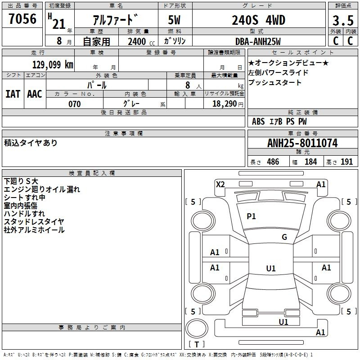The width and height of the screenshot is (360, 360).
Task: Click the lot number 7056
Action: [x=22, y=19]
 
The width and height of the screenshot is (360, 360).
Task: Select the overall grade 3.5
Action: [x=343, y=21]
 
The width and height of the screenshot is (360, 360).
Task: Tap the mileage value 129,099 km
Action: [x=53, y=65]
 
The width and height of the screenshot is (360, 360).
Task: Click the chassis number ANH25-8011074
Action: [x=302, y=143]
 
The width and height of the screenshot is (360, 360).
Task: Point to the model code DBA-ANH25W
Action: [x=258, y=41]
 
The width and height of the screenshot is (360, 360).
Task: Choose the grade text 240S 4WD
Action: [x=258, y=20]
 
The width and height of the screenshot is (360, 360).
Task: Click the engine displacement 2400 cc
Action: [x=141, y=41]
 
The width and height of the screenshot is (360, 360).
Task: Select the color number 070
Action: [x=75, y=104]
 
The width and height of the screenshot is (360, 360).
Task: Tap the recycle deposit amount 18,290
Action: [x=225, y=104]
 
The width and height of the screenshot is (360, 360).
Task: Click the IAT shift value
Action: [x=13, y=94]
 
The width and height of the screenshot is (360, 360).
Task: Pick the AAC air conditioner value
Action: [x=35, y=94]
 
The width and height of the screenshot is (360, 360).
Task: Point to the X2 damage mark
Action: [x=220, y=184]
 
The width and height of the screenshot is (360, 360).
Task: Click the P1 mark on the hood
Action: [x=251, y=216]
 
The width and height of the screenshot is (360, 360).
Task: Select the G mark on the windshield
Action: [x=284, y=237]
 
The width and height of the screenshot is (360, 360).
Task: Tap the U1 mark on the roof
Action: [x=271, y=268]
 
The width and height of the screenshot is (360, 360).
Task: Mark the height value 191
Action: [x=346, y=162]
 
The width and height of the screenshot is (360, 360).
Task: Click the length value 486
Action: [x=273, y=162]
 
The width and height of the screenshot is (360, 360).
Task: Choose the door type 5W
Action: [x=174, y=20]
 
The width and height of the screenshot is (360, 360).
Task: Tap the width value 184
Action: [x=311, y=162]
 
